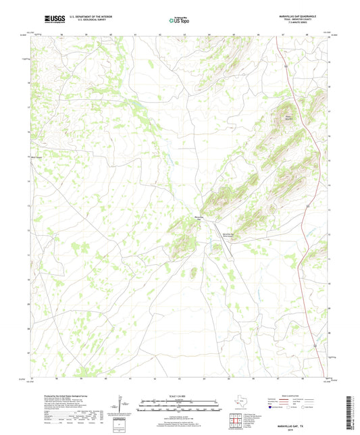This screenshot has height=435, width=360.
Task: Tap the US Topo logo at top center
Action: pos(179,21)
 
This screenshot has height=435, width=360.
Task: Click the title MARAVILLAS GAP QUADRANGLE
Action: pos(296,15)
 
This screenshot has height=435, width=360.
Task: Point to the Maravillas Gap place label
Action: pos(200,217)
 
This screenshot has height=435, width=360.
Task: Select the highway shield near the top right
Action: pos(286,66)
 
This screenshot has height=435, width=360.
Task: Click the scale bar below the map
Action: pos(179,405)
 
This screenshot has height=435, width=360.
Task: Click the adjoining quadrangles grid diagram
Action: pos(235,421)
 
